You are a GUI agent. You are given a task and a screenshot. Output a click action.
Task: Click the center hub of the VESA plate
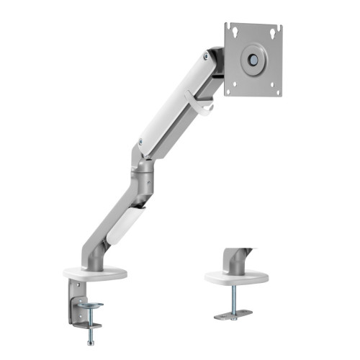pyautogui.click(x=253, y=60)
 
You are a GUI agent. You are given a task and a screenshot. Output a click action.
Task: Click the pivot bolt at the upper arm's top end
pyautogui.click(x=210, y=57)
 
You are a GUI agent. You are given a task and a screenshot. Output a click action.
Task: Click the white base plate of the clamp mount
pyautogui.click(x=95, y=272)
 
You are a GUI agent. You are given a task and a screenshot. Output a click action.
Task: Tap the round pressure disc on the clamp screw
pyautogui.click(x=91, y=305)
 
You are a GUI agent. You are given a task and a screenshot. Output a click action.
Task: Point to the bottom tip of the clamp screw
pyautogui.click(x=91, y=341)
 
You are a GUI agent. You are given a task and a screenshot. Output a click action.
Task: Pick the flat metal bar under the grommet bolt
pyautogui.click(x=233, y=314)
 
